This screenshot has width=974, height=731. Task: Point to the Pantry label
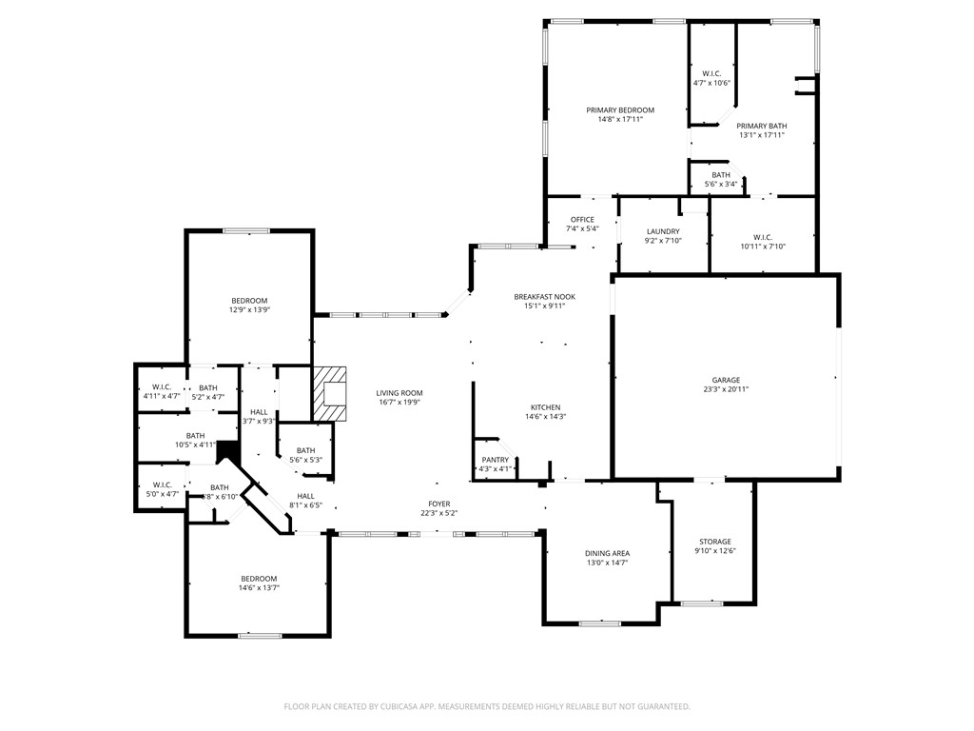(x=496, y=460)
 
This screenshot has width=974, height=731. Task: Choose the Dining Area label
(x=607, y=553)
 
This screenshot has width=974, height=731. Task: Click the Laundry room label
(x=663, y=231)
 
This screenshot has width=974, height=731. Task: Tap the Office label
(x=582, y=220)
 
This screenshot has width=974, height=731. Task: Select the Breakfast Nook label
(x=544, y=297)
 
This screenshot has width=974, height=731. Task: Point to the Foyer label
(x=438, y=504)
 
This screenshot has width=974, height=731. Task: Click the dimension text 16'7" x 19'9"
(x=399, y=403)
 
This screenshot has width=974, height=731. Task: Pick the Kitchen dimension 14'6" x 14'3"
(x=545, y=417)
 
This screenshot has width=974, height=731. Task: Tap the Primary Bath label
(x=762, y=126)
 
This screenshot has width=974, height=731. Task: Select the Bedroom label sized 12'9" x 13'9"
(x=248, y=301)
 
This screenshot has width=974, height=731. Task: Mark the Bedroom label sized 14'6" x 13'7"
(x=259, y=579)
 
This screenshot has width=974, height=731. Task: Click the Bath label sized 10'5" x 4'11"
(x=195, y=435)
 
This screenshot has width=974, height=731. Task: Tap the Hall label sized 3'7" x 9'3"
(x=258, y=412)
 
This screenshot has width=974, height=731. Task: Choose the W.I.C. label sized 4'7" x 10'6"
(x=711, y=73)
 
